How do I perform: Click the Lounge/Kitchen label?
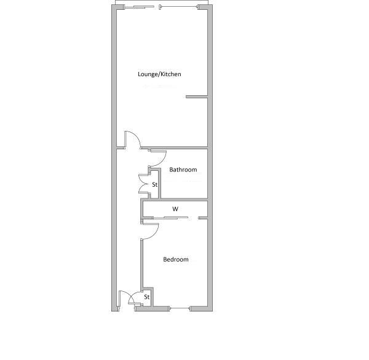tap(159, 74)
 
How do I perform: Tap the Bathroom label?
tap(183, 170)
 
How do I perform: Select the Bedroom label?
tap(176, 259)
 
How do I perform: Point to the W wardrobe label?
tap(175, 209)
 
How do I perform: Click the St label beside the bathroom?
tap(154, 184)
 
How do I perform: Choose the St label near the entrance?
tap(147, 297)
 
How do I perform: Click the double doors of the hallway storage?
tap(143, 184)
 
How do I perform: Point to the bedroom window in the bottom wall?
tap(180, 308)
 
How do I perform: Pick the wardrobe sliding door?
tap(170, 217)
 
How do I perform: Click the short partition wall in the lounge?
tap(197, 96)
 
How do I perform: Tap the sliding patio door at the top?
tap(160, 7)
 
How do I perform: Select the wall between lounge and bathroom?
tap(175, 148)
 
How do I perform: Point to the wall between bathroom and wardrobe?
tap(175, 200)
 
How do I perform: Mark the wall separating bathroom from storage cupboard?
tap(159, 184)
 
